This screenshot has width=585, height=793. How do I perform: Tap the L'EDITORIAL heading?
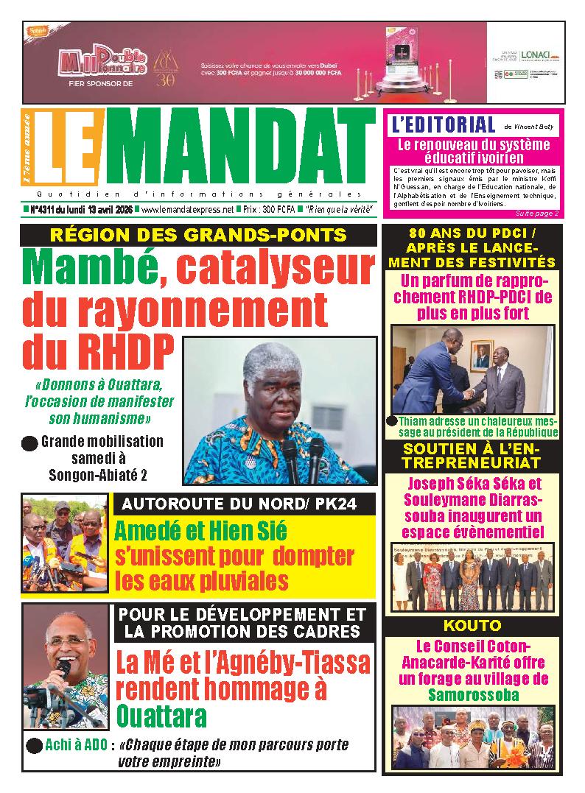click(x=443, y=124)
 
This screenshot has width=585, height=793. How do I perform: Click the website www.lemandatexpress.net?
click(x=187, y=210)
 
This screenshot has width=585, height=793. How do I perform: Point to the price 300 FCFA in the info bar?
click(x=279, y=210)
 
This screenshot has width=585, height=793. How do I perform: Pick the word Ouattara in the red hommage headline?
click(x=162, y=716)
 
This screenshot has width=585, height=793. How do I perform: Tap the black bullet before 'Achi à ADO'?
click(x=33, y=746)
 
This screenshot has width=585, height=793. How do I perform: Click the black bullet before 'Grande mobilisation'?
click(x=29, y=443)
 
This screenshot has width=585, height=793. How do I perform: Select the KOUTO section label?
click(x=472, y=626)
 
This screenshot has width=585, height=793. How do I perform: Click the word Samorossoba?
click(x=472, y=694)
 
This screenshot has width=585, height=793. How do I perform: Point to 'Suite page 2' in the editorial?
click(x=537, y=214)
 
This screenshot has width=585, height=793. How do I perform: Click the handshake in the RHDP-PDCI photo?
click(x=469, y=395)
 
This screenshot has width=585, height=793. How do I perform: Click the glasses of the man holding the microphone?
click(x=66, y=641)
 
